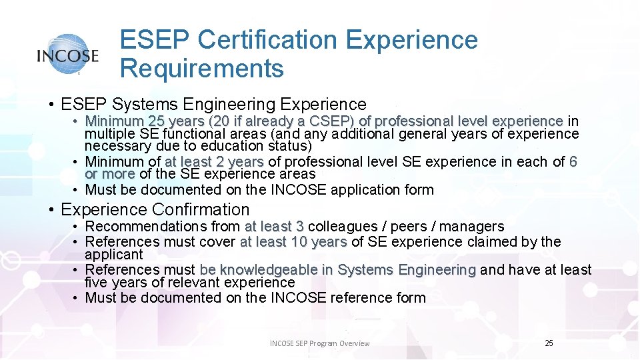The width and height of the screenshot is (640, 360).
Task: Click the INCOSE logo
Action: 68,55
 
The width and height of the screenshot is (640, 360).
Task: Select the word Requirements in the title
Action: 202,68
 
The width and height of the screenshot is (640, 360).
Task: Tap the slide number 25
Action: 549,343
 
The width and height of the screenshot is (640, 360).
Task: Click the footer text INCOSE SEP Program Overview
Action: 319,343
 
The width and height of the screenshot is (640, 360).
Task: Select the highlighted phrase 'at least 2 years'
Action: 215,161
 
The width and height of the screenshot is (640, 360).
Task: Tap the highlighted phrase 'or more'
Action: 110,174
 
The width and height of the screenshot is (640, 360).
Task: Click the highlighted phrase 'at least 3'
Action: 274,227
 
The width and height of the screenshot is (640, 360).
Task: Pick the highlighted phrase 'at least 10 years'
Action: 293,241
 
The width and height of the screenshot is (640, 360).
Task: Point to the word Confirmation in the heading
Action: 201,209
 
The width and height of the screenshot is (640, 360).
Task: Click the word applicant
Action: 114,254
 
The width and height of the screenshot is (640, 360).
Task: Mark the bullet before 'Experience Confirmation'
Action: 52,210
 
